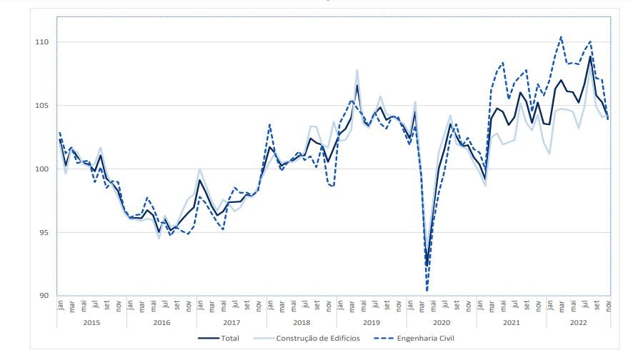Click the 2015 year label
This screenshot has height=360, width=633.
[x=91, y=322]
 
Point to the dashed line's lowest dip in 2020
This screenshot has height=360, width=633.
[x=427, y=291]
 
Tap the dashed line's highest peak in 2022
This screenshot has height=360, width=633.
[x=561, y=36]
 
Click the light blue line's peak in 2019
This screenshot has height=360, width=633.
[x=357, y=70]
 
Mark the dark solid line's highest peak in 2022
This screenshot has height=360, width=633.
[x=590, y=57]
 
